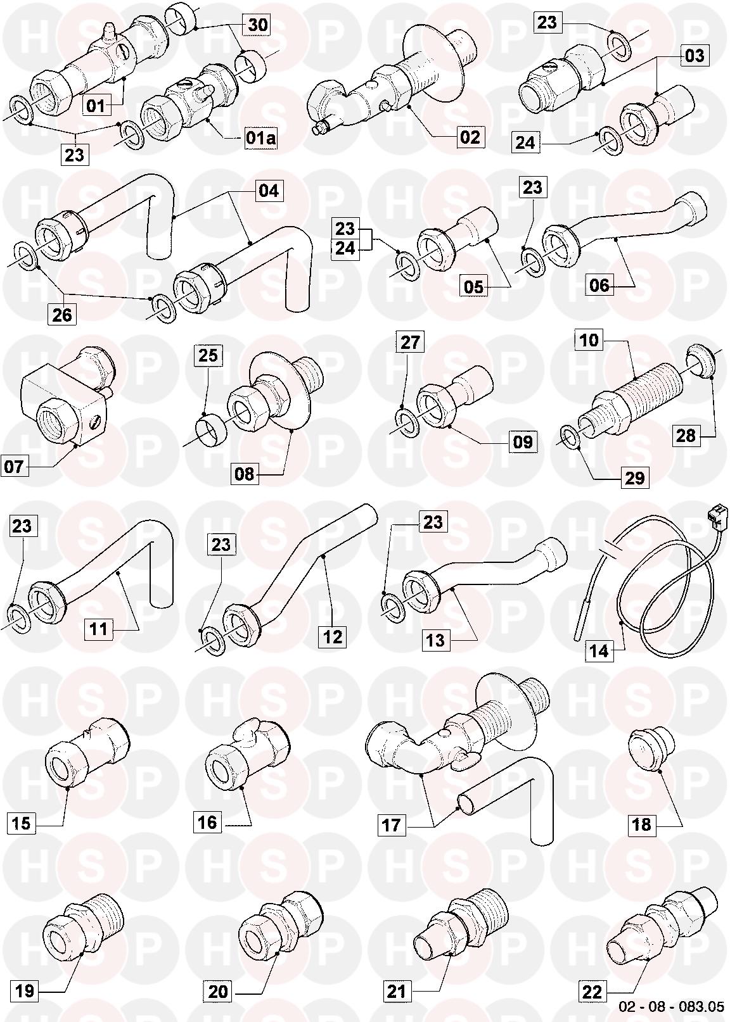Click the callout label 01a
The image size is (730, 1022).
coord(260,137)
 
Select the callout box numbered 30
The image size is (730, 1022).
coord(257,24)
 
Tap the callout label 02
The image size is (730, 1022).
coord(470,137)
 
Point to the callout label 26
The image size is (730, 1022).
coord(62,314)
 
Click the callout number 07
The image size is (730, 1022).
coord(14,466)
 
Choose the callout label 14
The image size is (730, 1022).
coord(599,650)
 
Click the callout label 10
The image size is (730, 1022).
coord(589,340)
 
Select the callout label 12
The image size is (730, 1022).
coord(332,636)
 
